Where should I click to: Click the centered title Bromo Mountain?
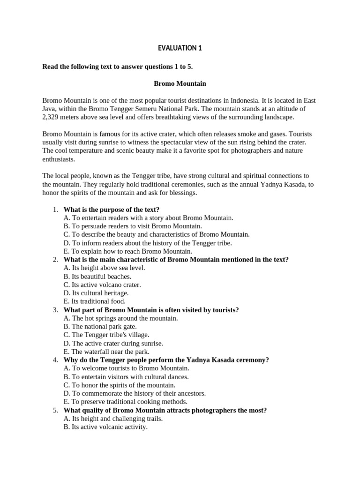(x=180, y=83)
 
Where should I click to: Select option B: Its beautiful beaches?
(x=97, y=276)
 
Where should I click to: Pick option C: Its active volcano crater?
(x=102, y=285)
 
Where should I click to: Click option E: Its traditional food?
(x=95, y=301)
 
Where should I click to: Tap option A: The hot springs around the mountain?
(x=121, y=318)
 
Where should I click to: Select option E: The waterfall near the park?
(x=107, y=352)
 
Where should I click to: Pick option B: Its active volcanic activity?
(x=105, y=427)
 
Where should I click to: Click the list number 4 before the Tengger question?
(x=55, y=360)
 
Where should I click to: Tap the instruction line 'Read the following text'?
(x=118, y=67)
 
